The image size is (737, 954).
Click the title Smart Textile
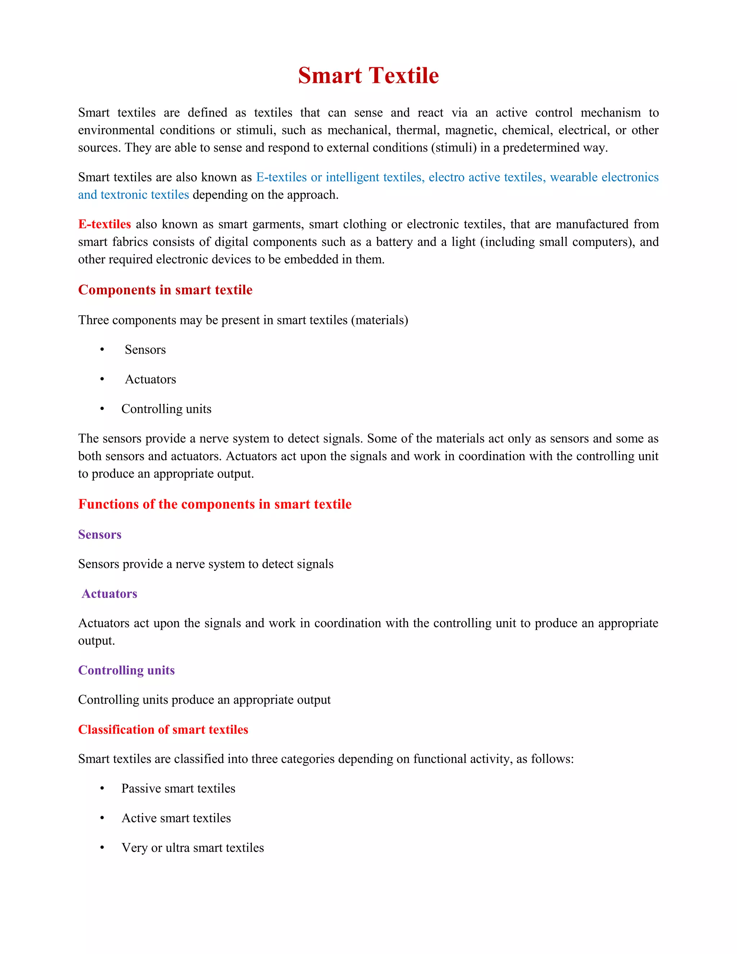click(x=368, y=76)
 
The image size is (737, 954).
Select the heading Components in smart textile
click(x=165, y=290)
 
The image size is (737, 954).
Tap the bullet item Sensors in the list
click(x=145, y=350)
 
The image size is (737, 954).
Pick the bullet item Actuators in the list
click(x=150, y=379)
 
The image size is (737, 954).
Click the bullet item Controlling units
click(x=166, y=409)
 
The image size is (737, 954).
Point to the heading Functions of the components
click(x=214, y=504)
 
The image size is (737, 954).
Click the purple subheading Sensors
click(x=100, y=535)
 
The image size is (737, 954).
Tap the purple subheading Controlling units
click(x=126, y=671)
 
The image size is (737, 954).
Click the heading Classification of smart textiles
click(x=163, y=730)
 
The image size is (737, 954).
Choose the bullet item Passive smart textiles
click(x=178, y=789)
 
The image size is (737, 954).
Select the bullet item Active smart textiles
click(x=176, y=819)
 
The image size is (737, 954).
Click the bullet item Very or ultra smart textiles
click(x=193, y=848)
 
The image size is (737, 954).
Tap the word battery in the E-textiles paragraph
click(x=395, y=242)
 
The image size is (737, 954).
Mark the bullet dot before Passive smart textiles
click(x=102, y=788)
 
